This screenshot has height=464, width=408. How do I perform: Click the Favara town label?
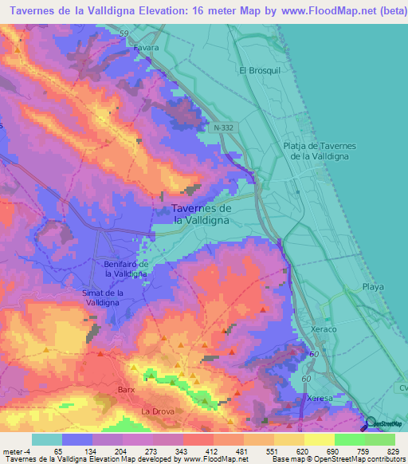coord(147,48)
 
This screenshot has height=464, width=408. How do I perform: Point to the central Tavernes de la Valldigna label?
coord(202,213)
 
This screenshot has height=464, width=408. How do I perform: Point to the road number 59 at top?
coord(124,33)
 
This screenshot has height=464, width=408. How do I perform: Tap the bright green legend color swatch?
coord(349,439)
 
